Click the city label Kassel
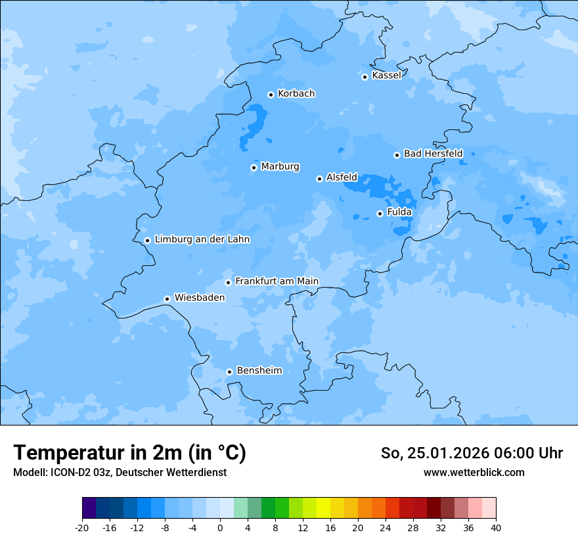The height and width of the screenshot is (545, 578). coord(386,76)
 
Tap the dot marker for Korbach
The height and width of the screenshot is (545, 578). coord(271,95)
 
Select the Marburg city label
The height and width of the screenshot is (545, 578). coord(280,167)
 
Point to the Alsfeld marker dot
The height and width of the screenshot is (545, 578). coord(319,179)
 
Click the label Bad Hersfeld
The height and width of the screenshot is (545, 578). coord(433,154)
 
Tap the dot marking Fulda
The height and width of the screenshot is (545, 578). coord(380,213)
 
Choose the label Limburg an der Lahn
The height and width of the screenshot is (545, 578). coord(202,240)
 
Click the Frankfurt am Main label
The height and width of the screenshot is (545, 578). coord(277,281)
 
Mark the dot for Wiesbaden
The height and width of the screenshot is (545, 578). coord(167,299)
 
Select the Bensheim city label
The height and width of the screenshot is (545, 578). coord(259,370)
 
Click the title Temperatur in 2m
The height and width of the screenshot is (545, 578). coord(129,452)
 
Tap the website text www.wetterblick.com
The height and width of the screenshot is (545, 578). coord(474,472)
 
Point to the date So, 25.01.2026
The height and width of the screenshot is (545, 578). coord(434,453)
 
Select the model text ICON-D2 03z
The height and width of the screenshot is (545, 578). coord(79,472)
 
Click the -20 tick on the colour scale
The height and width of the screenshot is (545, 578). coord(82,527)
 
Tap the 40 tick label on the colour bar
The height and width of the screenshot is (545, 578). coord(496,527)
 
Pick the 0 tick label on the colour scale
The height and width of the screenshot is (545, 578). coord(220,527)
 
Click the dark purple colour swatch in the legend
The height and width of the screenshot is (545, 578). coord(89,508)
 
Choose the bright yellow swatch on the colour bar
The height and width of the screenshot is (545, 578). coord(323,508)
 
